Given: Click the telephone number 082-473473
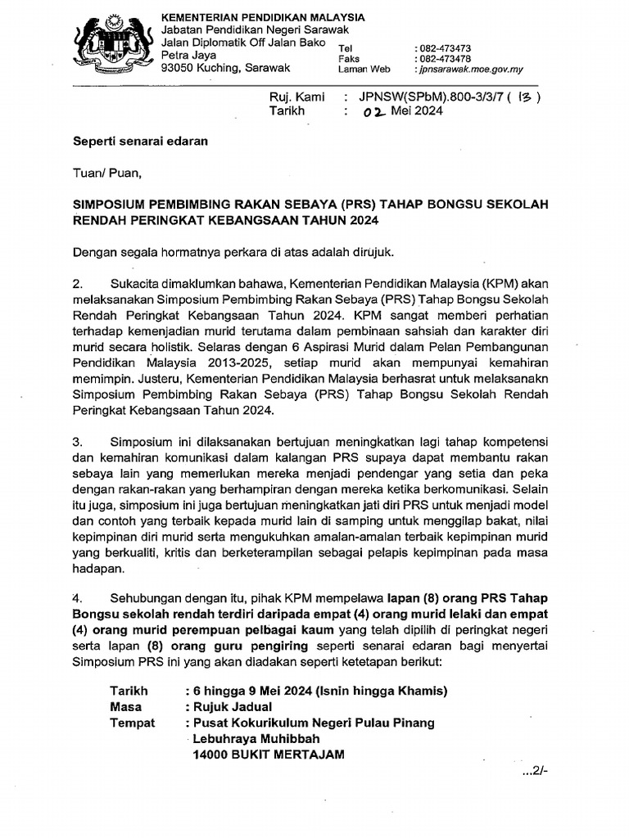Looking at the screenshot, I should pyautogui.click(x=444, y=48).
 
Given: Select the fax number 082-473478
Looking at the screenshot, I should pyautogui.click(x=444, y=59).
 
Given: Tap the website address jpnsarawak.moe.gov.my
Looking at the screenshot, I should pyautogui.click(x=470, y=70).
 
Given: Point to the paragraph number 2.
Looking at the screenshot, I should pyautogui.click(x=79, y=284).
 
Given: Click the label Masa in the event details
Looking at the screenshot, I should pyautogui.click(x=125, y=707).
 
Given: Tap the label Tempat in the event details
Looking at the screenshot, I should pyautogui.click(x=130, y=723).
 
